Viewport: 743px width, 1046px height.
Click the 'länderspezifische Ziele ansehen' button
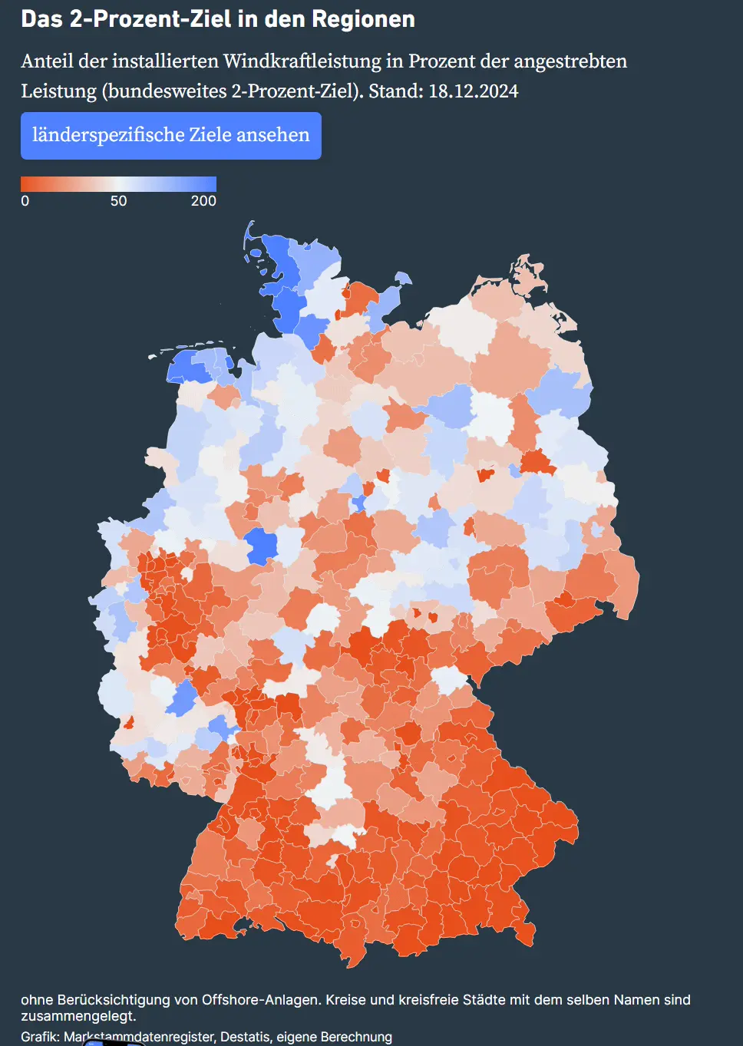(170, 136)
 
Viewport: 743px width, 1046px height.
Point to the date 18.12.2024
(473, 91)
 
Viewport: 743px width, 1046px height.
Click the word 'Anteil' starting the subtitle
(46, 61)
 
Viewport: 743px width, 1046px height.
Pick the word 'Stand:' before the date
(395, 91)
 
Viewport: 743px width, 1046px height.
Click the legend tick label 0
(25, 201)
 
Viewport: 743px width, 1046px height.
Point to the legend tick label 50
(118, 201)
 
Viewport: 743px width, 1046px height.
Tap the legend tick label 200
(203, 201)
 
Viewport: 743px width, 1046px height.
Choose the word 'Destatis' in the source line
(245, 1037)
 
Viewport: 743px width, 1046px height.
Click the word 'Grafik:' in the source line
(40, 1037)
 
